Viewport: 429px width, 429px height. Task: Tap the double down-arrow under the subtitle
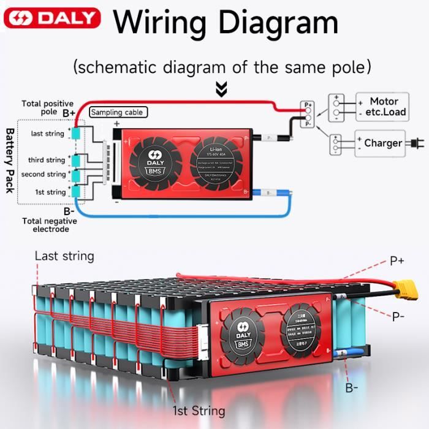221,90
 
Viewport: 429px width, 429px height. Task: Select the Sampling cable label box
118,113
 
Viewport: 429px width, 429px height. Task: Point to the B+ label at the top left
69,113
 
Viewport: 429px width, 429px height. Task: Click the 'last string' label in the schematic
47,134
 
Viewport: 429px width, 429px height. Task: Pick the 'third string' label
46,160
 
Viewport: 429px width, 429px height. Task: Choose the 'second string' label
43,175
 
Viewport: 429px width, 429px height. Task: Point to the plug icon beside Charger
415,143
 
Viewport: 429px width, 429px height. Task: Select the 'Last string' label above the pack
64,256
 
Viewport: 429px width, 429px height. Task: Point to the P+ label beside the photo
397,261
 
